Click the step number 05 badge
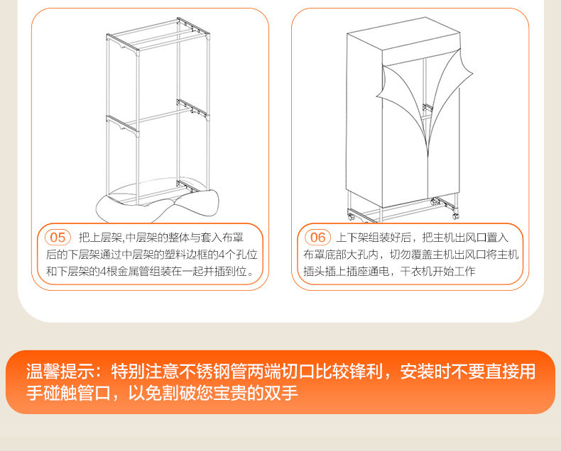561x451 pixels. (58, 238)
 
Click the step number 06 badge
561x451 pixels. (317, 238)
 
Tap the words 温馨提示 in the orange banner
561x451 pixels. (60, 372)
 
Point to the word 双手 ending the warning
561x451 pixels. (281, 393)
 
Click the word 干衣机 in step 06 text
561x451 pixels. (416, 272)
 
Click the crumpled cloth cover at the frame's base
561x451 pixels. (158, 203)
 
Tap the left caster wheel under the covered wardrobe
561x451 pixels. (351, 216)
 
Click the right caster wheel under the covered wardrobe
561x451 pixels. (455, 216)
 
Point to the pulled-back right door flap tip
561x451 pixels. (472, 73)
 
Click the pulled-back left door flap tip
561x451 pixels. (378, 96)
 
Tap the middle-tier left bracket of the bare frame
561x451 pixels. (121, 125)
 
